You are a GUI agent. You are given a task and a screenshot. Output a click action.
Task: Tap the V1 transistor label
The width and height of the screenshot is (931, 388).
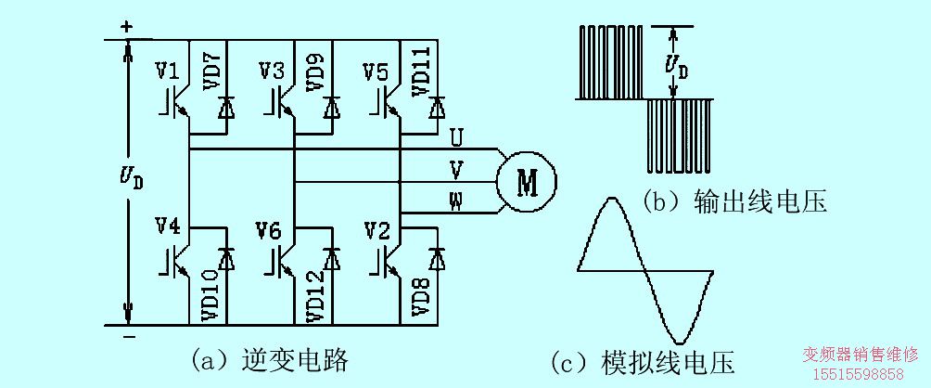click(168, 71)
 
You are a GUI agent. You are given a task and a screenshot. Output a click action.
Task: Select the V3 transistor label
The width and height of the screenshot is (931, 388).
click(272, 71)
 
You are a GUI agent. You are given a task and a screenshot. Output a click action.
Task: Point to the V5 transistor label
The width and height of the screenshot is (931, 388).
click(376, 71)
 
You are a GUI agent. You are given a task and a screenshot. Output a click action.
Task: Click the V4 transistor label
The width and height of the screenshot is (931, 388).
click(168, 226)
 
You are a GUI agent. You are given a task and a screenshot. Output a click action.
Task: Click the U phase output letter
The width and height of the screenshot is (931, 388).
click(456, 138)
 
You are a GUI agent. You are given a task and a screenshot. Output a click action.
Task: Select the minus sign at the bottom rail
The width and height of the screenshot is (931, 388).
click(126, 335)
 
